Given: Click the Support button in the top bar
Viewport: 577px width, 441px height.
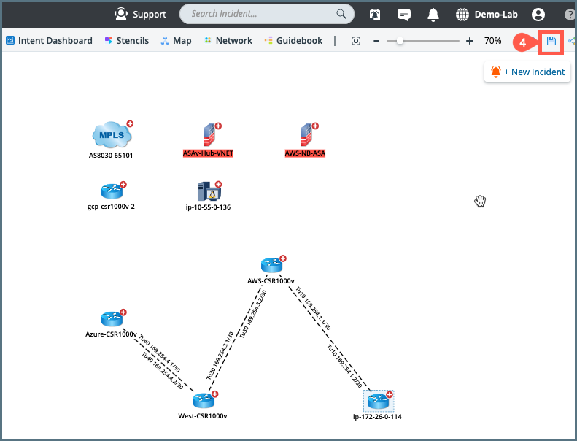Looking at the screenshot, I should coord(140,14).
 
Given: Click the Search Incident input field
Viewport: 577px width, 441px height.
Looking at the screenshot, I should coord(260,14).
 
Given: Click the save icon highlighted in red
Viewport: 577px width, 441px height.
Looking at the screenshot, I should coord(551,41).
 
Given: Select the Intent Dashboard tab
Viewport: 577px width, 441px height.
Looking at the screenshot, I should coord(49,41).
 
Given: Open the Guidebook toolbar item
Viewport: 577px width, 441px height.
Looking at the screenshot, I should coord(293,41).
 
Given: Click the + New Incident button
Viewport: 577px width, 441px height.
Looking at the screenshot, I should coord(527,72).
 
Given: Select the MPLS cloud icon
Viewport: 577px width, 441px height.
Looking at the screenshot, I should coord(112,135).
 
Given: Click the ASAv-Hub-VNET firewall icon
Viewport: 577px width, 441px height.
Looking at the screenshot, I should coord(209,135).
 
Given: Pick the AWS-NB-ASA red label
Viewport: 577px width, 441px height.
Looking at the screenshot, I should coord(305,154).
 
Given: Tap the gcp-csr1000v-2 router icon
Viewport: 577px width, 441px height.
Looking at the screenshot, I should coord(112,191).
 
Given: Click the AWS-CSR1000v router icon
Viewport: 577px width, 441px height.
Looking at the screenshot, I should coord(271,265).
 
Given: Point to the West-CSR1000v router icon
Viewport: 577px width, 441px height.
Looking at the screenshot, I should coord(204,400).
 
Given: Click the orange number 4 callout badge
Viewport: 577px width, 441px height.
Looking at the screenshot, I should coord(522,42).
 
